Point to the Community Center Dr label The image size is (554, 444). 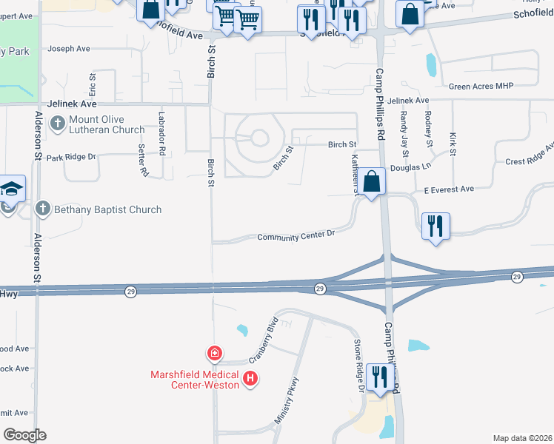296,237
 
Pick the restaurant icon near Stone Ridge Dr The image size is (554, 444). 378,377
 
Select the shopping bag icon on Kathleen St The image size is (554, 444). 373,181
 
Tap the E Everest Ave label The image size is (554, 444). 448,189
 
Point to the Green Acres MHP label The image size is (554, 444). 481,87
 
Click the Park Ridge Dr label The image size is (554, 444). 71,158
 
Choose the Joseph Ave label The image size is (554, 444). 68,49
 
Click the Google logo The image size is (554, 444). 24,435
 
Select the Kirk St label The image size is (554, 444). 453,144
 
